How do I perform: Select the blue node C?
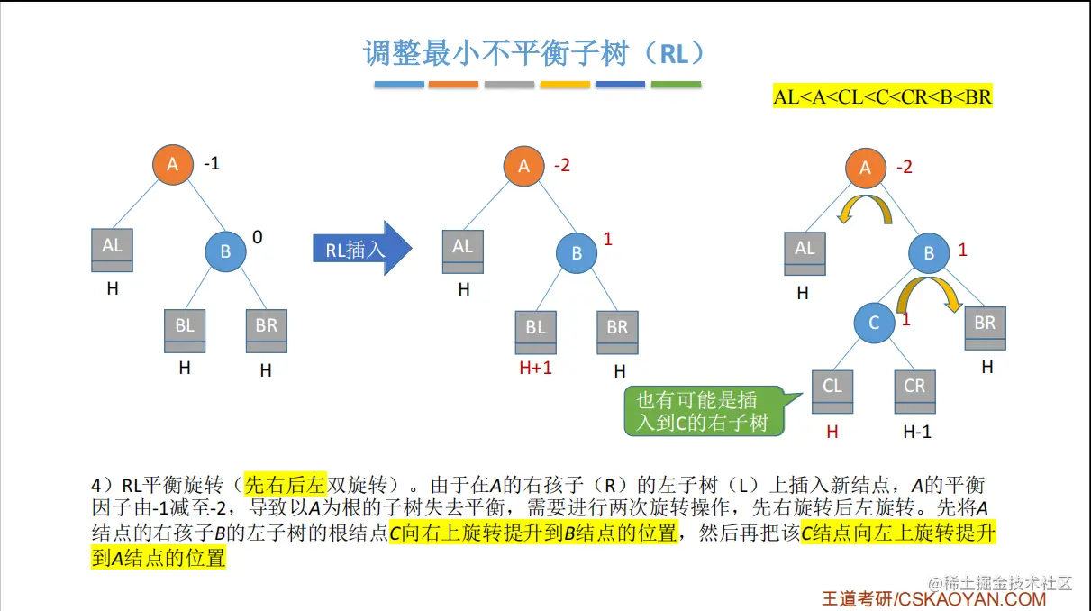[874, 322]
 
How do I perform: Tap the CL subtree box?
[832, 391]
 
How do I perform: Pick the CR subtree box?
[914, 391]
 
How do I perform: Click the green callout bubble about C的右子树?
[702, 411]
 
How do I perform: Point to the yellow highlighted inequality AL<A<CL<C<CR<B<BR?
[882, 96]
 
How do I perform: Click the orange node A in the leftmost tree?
[174, 165]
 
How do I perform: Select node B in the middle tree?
[577, 253]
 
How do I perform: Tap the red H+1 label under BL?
[535, 369]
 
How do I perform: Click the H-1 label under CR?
[917, 432]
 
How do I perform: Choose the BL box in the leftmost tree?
[185, 331]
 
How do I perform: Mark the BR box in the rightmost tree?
[986, 328]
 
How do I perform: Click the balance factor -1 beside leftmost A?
[212, 164]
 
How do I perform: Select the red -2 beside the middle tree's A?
[562, 165]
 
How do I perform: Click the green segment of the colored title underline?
[676, 85]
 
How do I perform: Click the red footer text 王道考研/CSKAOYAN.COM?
[933, 598]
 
